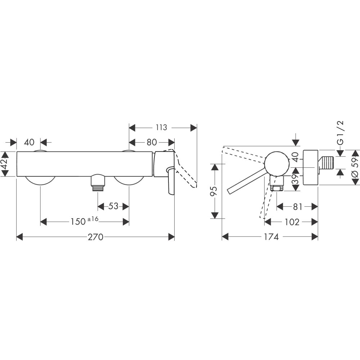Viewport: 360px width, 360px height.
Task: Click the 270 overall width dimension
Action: tap(95, 237)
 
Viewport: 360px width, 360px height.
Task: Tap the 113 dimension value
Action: tap(161, 127)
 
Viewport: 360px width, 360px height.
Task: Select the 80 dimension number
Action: tap(152, 142)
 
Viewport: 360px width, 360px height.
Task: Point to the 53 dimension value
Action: tap(113, 206)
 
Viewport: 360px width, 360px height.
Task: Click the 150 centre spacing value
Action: tap(78, 221)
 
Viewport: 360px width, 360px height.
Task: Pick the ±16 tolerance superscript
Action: tap(93, 219)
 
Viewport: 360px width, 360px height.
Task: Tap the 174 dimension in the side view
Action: tap(271, 237)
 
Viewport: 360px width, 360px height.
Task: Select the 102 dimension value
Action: tap(292, 222)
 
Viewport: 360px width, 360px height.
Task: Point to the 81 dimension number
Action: tap(297, 207)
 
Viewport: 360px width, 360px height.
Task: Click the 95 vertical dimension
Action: tap(213, 191)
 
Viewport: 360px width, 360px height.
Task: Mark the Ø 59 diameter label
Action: tap(355, 167)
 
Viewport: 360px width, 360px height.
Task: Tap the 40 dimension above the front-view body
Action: tap(29, 142)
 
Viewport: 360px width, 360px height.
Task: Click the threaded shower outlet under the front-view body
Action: tap(98, 181)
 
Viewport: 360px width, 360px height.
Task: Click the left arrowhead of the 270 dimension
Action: tap(20, 237)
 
